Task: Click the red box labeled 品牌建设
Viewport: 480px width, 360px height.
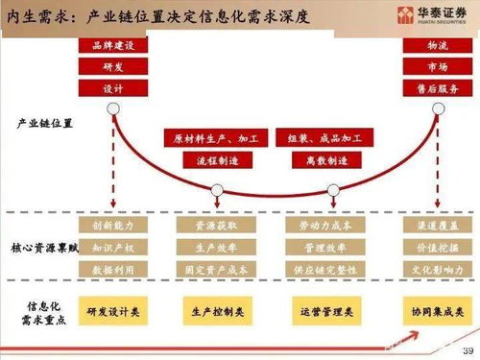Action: pyautogui.click(x=113, y=45)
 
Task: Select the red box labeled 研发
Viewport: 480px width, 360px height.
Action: pyautogui.click(x=113, y=65)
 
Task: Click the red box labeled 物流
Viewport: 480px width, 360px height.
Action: pyautogui.click(x=436, y=45)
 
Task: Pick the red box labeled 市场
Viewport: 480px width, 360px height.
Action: pyautogui.click(x=436, y=65)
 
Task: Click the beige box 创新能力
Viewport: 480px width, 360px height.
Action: pyautogui.click(x=113, y=226)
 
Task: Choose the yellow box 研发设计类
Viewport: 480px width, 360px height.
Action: pyautogui.click(x=113, y=312)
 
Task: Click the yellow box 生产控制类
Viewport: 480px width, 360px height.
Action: pyautogui.click(x=215, y=312)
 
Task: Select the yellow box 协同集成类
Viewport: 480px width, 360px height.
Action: pyautogui.click(x=436, y=312)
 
